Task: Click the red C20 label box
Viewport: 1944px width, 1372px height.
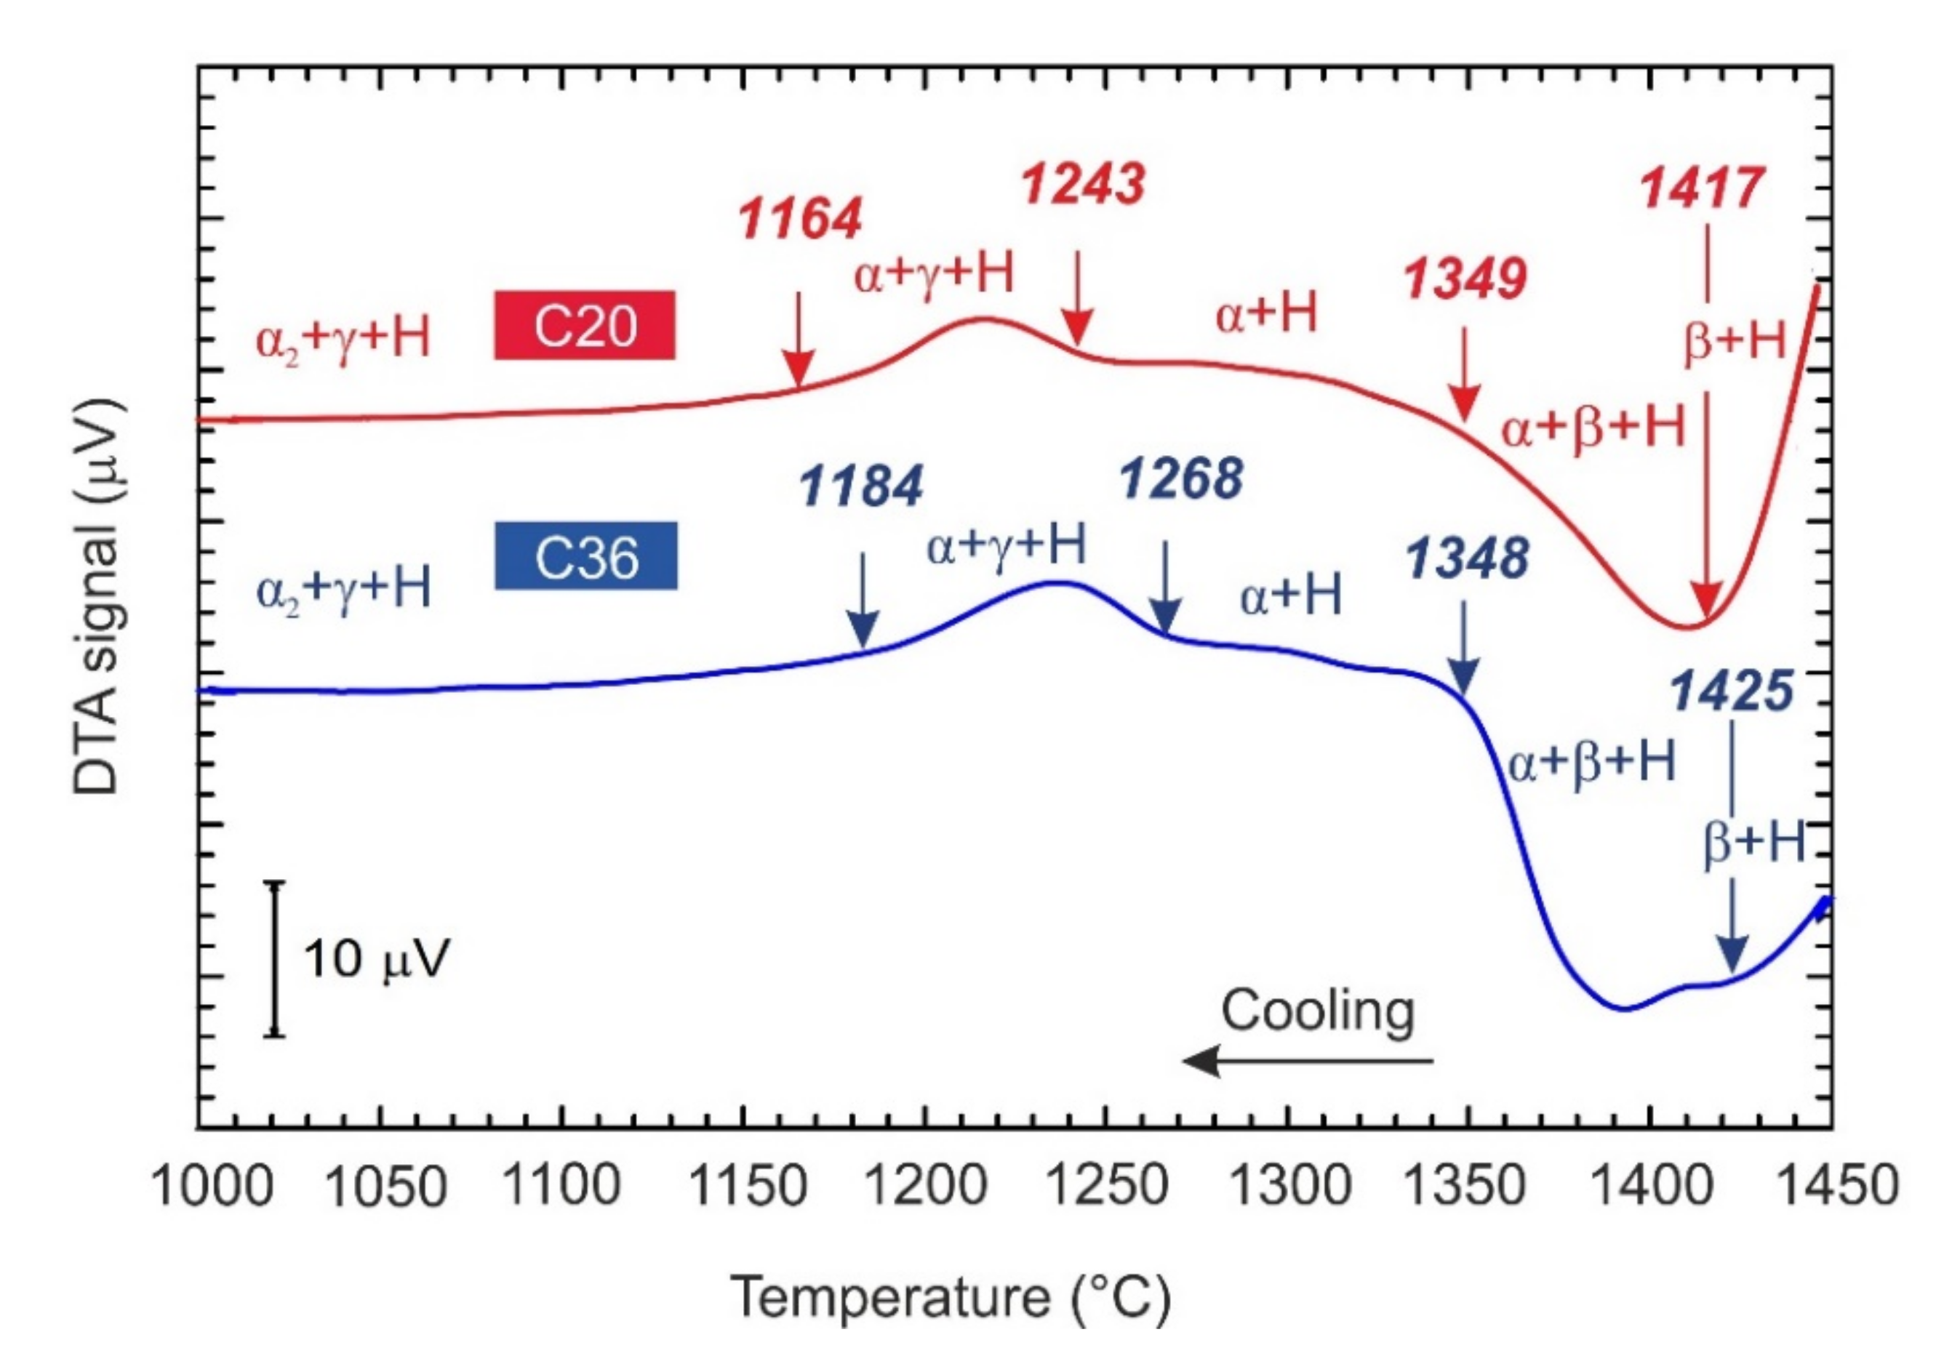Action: pyautogui.click(x=584, y=325)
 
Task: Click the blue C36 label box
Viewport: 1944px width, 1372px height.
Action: pyautogui.click(x=586, y=555)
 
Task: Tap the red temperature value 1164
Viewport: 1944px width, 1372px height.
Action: pyautogui.click(x=800, y=218)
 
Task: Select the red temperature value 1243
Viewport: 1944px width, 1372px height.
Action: pyautogui.click(x=1084, y=185)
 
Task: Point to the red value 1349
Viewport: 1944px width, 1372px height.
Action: pyautogui.click(x=1465, y=278)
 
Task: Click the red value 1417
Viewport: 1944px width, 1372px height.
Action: pyautogui.click(x=1703, y=187)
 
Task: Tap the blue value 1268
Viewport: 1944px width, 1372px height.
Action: pyautogui.click(x=1182, y=478)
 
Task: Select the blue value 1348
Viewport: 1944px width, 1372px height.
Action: pyautogui.click(x=1468, y=558)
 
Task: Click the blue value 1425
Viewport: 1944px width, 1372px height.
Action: pyautogui.click(x=1732, y=690)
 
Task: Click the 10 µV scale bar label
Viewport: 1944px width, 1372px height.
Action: pyautogui.click(x=376, y=959)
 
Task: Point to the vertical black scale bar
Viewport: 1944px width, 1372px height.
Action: pyautogui.click(x=273, y=958)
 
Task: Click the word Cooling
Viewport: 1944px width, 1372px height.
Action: pyautogui.click(x=1317, y=1011)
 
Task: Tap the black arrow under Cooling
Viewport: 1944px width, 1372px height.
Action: pyautogui.click(x=1308, y=1061)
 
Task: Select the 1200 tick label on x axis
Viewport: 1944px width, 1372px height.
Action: pyautogui.click(x=927, y=1185)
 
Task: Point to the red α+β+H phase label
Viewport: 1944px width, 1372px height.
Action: pyautogui.click(x=1593, y=428)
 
